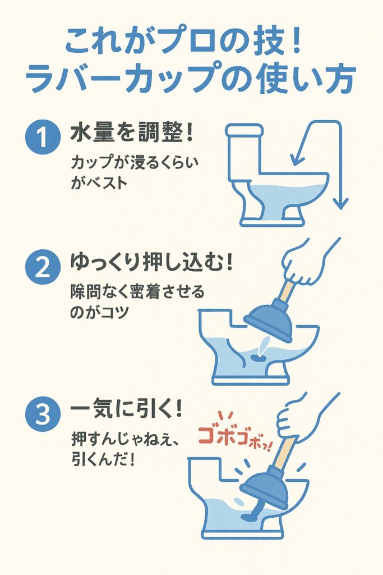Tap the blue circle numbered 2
pyautogui.click(x=43, y=267)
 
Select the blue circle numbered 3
pyautogui.click(x=43, y=415)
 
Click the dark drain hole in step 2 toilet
pyautogui.click(x=256, y=357)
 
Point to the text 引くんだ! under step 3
pyautogui.click(x=103, y=459)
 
